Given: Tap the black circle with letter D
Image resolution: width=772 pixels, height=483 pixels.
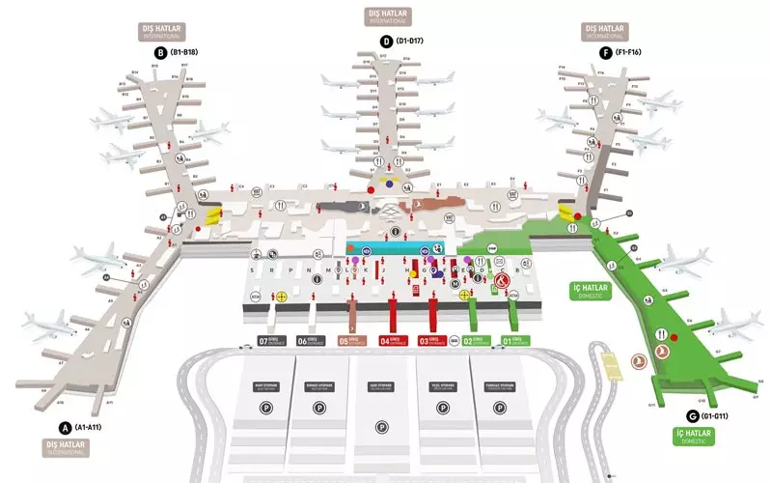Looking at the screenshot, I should point(386,41).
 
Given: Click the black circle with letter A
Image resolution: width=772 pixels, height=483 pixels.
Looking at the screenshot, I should point(66,427).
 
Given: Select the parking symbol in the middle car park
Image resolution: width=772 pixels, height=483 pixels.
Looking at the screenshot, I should point(383,426).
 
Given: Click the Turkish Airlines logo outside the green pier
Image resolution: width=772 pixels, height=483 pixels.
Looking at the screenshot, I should point(637,360).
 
